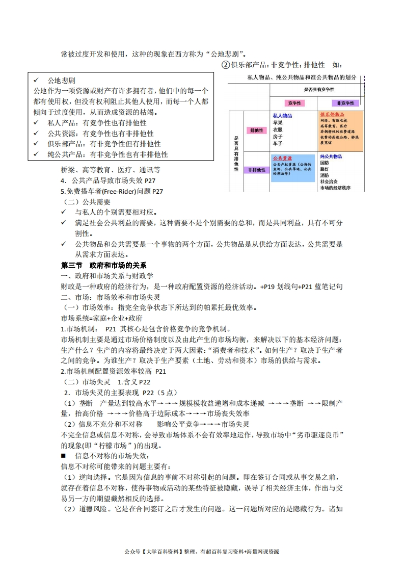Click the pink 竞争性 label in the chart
tap(294, 102)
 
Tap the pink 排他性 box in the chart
tap(257, 130)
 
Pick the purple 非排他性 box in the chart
tap(257, 169)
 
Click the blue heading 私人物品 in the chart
tap(282, 116)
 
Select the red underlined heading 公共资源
tap(282, 158)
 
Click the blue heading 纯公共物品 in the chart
tap(331, 156)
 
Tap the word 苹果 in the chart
tap(278, 122)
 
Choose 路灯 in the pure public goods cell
tap(325, 169)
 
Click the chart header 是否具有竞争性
tap(319, 89)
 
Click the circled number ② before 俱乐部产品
tap(226, 65)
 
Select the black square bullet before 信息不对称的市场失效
tap(64, 455)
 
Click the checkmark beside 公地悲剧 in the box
tap(36, 81)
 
